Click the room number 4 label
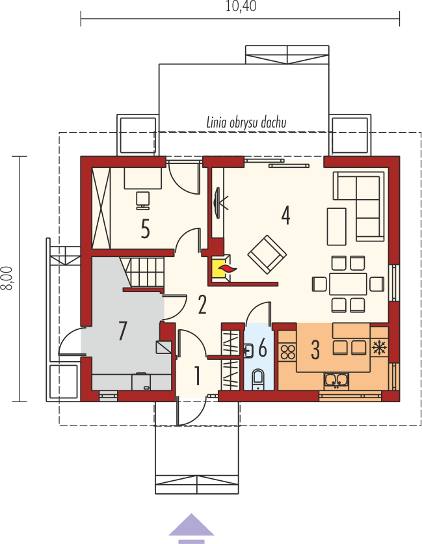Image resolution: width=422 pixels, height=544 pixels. (x=285, y=215)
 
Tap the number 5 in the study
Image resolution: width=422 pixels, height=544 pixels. (x=146, y=228)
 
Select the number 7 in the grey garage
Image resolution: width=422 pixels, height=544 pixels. (x=122, y=331)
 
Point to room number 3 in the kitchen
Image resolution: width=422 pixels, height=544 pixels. (x=315, y=350)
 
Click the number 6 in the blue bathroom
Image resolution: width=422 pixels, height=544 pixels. (x=262, y=349)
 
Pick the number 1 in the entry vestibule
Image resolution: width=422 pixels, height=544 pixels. (x=197, y=375)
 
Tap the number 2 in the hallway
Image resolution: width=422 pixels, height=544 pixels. (x=202, y=304)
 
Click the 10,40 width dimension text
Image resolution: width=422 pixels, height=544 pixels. (x=241, y=7)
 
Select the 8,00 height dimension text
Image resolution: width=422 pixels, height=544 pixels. (x=7, y=280)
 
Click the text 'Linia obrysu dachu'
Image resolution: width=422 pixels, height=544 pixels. (x=246, y=122)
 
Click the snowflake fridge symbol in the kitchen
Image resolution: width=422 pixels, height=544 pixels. (x=378, y=347)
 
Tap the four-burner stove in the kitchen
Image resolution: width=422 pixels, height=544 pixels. (x=287, y=351)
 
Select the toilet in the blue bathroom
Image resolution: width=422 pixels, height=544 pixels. (x=258, y=377)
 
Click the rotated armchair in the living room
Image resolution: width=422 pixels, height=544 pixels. (x=267, y=254)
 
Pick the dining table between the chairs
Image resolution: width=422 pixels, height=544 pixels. (x=349, y=284)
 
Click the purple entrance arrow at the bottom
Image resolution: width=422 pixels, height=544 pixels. (x=191, y=526)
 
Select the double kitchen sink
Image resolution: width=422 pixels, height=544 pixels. (x=336, y=379)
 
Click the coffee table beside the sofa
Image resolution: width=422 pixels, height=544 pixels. (x=337, y=225)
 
